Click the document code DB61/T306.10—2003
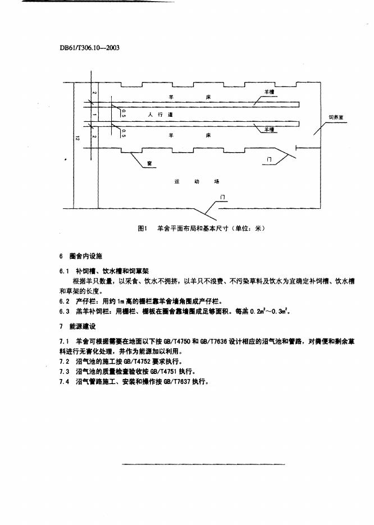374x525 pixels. [89, 48]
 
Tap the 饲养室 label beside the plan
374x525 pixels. [336, 118]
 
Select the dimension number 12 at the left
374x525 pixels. [77, 136]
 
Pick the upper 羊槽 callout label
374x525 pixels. [268, 92]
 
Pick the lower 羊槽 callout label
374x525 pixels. [268, 129]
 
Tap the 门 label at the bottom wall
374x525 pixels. [223, 198]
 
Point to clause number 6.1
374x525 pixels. [63, 270]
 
